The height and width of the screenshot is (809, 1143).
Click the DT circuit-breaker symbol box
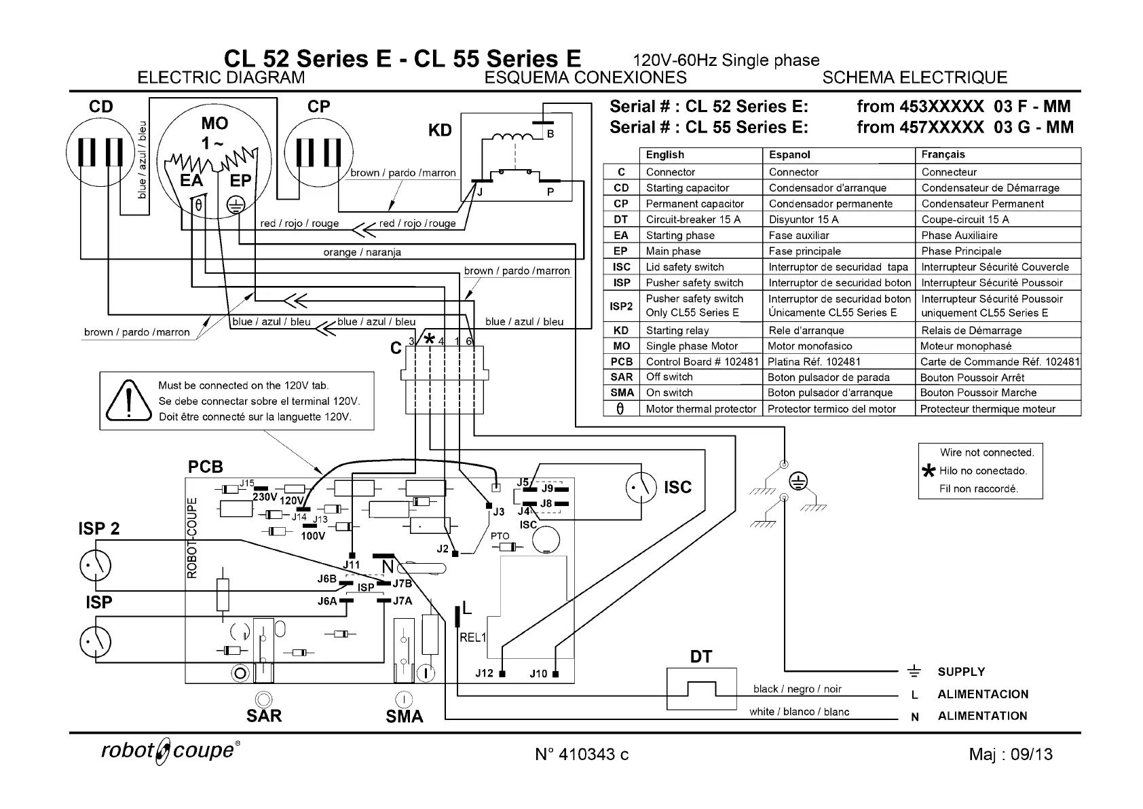(701, 689)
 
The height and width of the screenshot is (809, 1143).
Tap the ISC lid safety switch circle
(641, 487)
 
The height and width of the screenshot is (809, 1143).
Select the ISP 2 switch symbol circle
(96, 564)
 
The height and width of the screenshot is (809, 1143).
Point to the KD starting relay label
(440, 130)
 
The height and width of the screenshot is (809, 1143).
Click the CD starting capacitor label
(101, 107)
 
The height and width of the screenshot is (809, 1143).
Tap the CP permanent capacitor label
(319, 107)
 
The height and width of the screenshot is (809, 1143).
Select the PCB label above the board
(205, 467)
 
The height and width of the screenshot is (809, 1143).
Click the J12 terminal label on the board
(484, 673)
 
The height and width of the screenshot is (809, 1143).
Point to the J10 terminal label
(538, 673)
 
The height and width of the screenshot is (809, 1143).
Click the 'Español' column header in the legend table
(789, 155)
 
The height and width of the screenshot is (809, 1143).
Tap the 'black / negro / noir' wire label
(797, 689)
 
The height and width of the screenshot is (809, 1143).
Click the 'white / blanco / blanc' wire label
(799, 712)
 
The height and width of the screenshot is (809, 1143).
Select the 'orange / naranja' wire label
(362, 252)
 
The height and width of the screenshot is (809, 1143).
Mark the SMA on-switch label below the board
(404, 716)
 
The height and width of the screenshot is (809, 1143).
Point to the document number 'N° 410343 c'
(582, 754)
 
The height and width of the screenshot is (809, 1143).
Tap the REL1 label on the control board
(472, 637)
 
